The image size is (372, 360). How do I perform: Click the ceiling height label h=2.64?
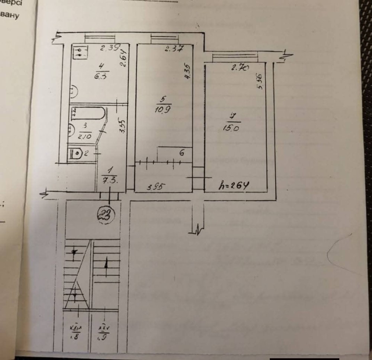(233, 185)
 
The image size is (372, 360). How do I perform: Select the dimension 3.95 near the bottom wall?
(155, 187)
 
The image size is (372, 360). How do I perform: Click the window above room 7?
(234, 56)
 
